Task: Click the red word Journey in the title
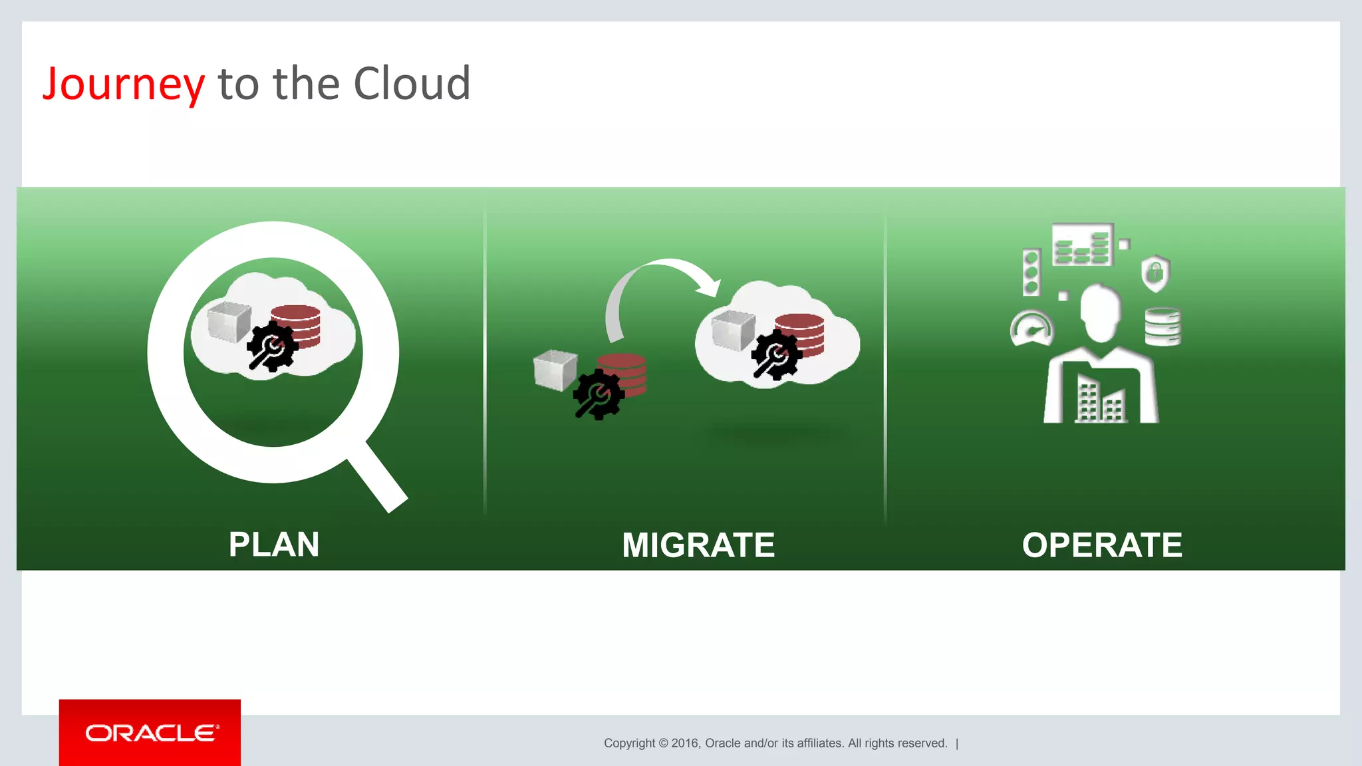(124, 84)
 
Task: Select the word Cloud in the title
(412, 84)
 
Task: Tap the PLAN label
(274, 545)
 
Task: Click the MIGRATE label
(698, 545)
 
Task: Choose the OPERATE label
(1102, 545)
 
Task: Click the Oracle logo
(150, 733)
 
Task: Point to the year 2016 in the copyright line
(685, 743)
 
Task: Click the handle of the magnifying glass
(377, 477)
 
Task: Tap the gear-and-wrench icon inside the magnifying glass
(271, 346)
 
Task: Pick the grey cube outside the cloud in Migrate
(555, 370)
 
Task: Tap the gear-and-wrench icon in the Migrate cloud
(776, 355)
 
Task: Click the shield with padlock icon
(1156, 273)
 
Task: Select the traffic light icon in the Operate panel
(1031, 273)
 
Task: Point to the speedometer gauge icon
(1031, 329)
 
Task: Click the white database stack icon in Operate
(1162, 326)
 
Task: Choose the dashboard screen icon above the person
(1082, 245)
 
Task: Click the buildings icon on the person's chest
(1100, 402)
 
